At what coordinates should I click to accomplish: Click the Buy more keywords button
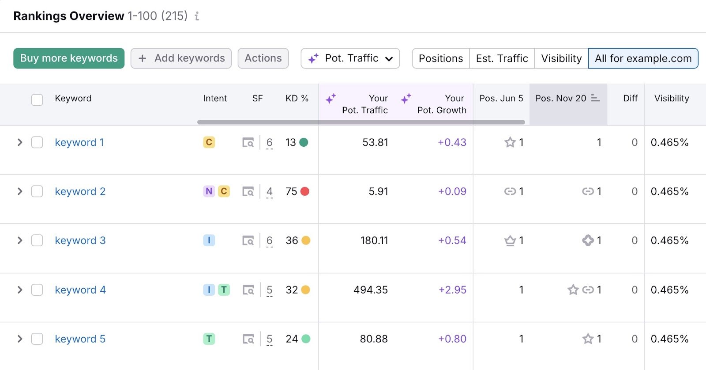coord(69,58)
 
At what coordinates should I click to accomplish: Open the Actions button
coord(263,58)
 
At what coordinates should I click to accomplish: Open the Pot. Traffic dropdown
coord(350,58)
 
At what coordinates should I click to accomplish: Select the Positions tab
coord(440,58)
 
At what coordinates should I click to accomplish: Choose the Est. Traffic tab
coord(502,58)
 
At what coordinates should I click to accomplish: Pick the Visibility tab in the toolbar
coord(561,58)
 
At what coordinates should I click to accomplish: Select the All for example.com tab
coord(643,58)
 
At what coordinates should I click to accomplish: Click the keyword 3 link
coord(80,240)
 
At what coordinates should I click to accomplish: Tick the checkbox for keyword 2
coord(37,191)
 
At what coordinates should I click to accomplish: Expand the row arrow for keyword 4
coord(20,290)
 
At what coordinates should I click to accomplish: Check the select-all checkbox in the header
coord(37,99)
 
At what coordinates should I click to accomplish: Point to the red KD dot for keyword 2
coord(305,191)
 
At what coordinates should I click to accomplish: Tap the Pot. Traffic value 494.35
coord(370,290)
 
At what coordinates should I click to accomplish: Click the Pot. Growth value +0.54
coord(452,240)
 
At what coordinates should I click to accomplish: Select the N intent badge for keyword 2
coord(209,191)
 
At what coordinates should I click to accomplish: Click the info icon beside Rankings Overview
coord(197,16)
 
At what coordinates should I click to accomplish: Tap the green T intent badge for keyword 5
coord(209,339)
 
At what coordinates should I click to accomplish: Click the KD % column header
coord(297,99)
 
